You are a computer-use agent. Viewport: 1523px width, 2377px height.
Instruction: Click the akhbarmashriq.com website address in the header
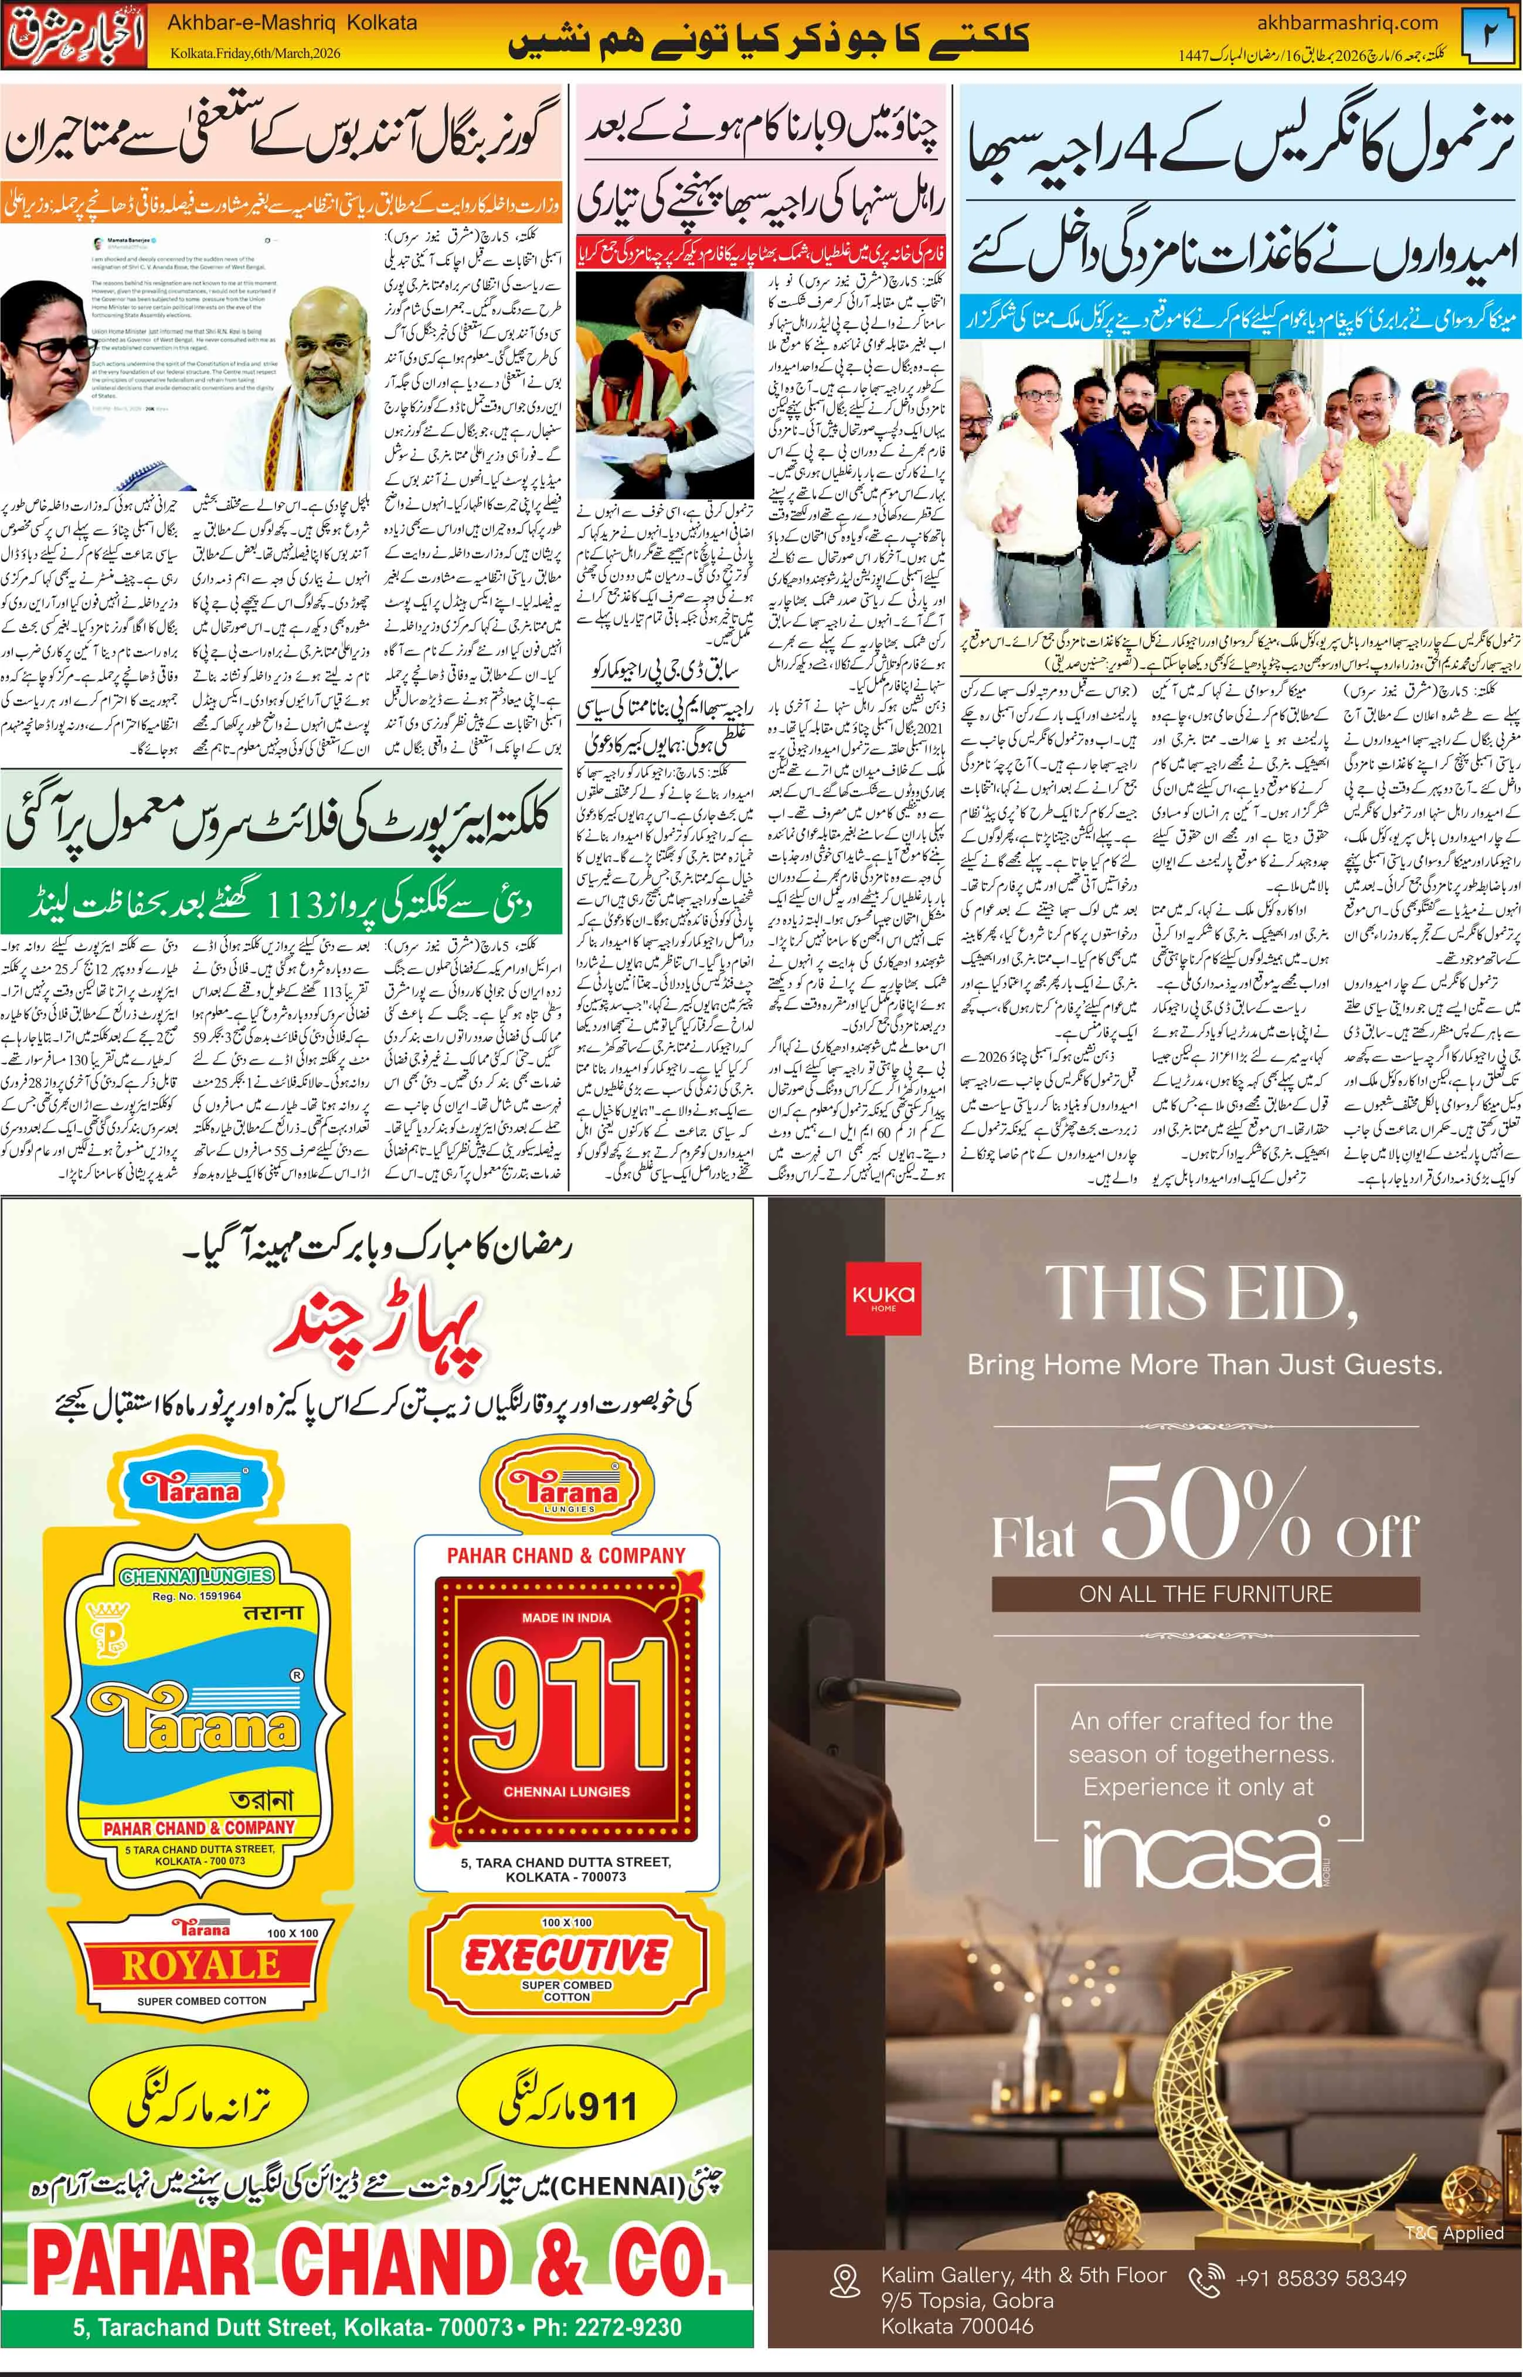[1347, 22]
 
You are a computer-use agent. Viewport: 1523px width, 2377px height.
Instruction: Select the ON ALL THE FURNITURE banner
[1205, 1594]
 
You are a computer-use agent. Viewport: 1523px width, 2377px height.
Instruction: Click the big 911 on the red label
[566, 1709]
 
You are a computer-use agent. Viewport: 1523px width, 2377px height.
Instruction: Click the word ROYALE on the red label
[200, 1964]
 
